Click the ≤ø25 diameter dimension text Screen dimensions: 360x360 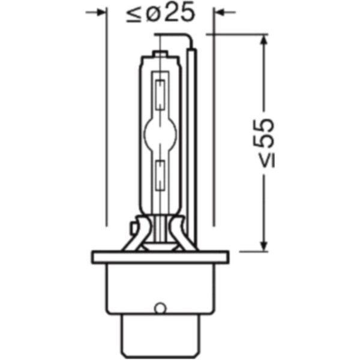coord(161,13)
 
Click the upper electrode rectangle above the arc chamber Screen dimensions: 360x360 coord(160,90)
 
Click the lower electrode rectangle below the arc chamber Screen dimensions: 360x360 coord(160,174)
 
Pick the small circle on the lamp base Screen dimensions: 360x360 coord(159,308)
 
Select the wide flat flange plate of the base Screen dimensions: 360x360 coord(161,257)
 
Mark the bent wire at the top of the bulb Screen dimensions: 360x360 coord(180,37)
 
